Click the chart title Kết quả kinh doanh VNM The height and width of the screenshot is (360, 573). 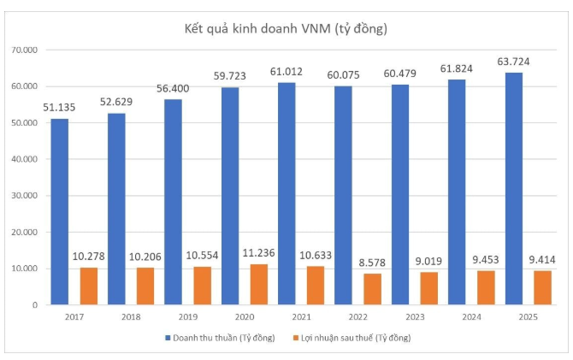[286, 29]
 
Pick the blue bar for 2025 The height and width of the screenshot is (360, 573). [514, 188]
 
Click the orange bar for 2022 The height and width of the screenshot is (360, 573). [372, 289]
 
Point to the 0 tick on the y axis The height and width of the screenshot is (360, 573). [35, 305]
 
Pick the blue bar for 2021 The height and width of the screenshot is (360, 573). [287, 193]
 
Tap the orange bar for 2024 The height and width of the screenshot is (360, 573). [486, 287]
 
